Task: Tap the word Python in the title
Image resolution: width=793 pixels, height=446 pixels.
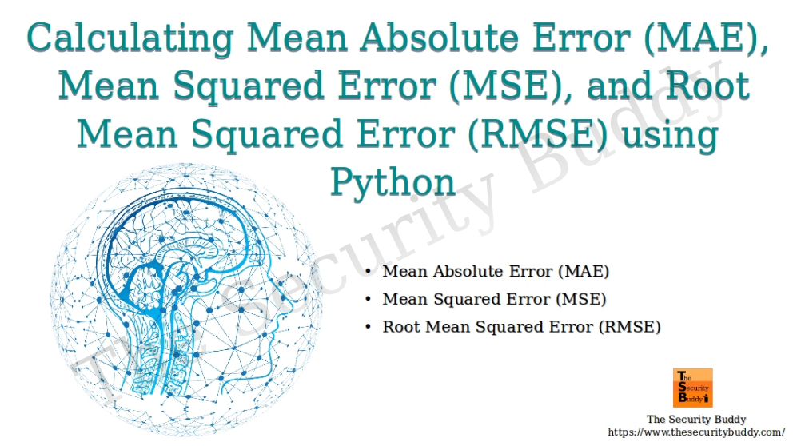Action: [x=393, y=182]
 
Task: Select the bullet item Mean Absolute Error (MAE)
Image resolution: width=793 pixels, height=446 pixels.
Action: [x=496, y=272]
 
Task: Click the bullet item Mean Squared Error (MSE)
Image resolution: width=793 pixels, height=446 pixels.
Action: [x=494, y=300]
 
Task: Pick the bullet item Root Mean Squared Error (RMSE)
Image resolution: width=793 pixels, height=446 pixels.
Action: [x=521, y=327]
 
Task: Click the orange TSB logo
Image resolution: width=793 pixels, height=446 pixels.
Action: [x=693, y=388]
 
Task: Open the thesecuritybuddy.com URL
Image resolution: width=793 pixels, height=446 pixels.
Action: [x=685, y=432]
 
